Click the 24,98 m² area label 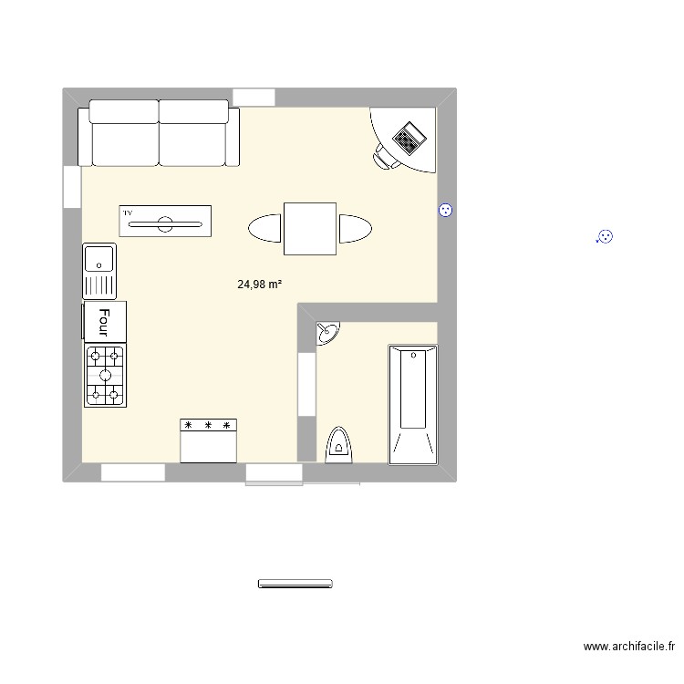point(259,285)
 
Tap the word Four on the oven point(104,321)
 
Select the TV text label point(128,212)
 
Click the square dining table point(309,229)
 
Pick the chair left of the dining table point(265,229)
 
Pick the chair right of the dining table point(355,229)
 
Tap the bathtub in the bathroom point(412,403)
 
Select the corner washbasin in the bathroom point(327,334)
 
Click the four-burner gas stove point(106,375)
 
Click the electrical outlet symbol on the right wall point(445,210)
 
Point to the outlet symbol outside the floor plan point(604,237)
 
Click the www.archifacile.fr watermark point(628,647)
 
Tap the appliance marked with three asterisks point(209,440)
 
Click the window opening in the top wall point(254,97)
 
